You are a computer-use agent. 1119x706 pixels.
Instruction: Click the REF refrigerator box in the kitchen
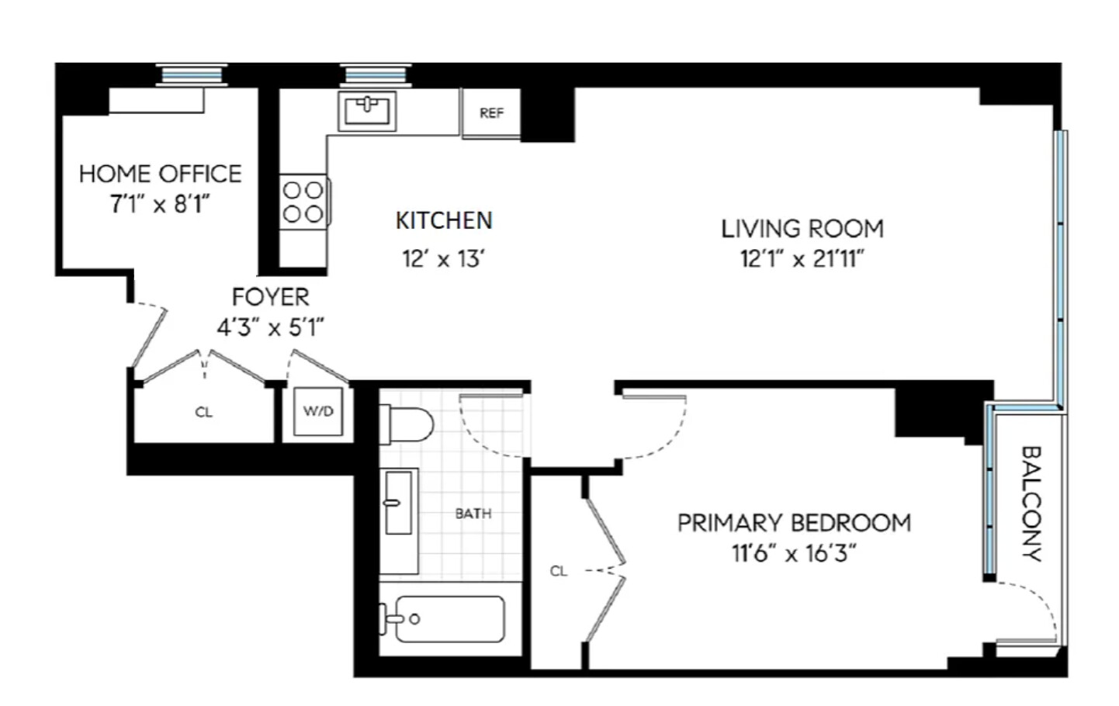point(491,113)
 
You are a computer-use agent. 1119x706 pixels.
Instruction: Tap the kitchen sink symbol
point(367,111)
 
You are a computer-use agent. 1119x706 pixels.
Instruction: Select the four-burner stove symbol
point(303,202)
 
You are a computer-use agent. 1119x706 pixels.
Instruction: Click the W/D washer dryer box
point(318,412)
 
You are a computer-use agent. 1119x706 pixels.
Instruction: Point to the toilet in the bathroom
point(408,424)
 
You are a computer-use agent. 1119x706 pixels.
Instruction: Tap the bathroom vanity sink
point(399,503)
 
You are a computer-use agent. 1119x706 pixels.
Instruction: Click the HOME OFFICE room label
point(161,174)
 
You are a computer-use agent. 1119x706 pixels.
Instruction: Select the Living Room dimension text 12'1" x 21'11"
point(802,259)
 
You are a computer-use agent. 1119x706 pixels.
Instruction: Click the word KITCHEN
point(444,221)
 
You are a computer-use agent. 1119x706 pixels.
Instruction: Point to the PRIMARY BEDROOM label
point(794,523)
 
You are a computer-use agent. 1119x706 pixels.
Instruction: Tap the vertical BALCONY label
point(1030,503)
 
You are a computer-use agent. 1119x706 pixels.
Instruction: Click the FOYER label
point(270,297)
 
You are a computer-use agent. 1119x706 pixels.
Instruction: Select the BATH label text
point(473,514)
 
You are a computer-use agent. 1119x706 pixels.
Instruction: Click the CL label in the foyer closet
point(203,413)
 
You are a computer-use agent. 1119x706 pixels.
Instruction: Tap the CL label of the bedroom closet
point(558,572)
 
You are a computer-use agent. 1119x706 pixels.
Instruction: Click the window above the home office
point(191,75)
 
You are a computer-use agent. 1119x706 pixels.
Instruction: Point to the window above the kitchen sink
point(376,75)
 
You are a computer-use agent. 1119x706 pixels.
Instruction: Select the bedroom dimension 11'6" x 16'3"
point(793,554)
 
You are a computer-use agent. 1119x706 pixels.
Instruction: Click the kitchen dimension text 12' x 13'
point(443,259)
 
